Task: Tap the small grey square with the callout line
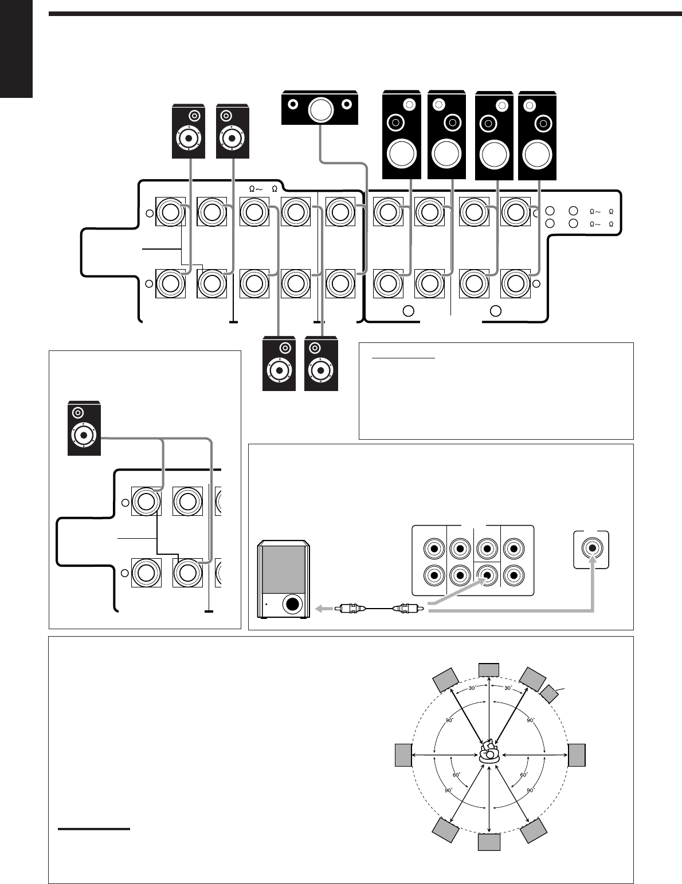550,693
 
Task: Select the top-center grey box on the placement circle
489,669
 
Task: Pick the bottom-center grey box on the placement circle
489,842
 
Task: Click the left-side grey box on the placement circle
403,755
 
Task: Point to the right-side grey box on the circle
577,755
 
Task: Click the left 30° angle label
472,689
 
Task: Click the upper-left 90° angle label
449,720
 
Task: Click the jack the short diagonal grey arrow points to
487,574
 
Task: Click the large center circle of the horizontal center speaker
320,110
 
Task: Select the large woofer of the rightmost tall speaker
537,154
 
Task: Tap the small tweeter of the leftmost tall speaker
409,105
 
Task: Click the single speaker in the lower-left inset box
84,429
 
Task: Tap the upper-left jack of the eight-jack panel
434,548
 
